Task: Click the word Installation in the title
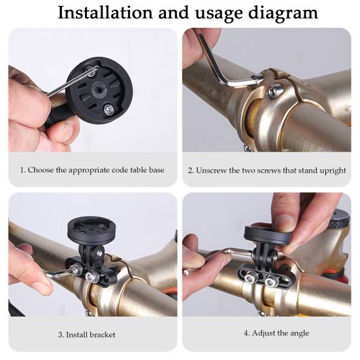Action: [105, 13]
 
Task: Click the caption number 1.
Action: [22, 170]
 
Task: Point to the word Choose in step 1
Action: [41, 170]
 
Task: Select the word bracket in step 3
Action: [103, 335]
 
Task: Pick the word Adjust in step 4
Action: [263, 333]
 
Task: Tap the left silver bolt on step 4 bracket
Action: [250, 279]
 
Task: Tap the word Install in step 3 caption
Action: [76, 335]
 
